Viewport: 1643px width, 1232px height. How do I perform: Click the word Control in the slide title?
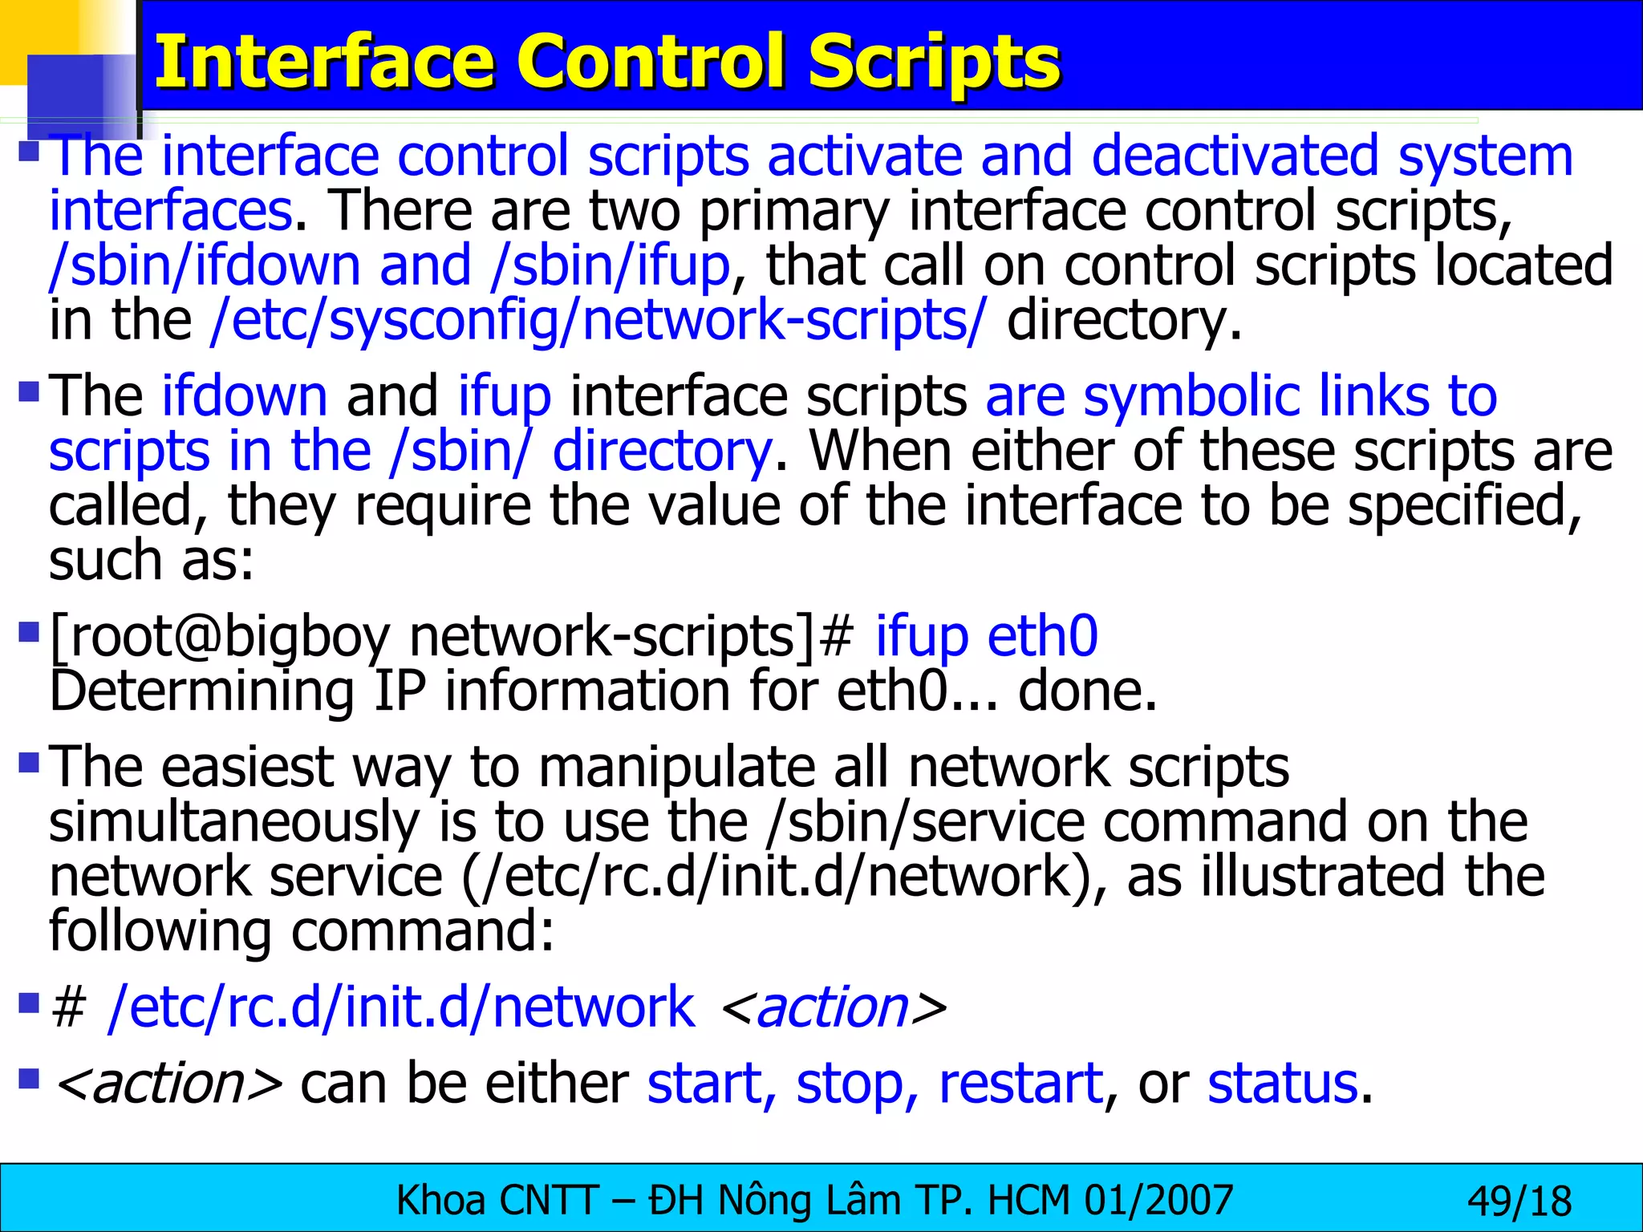click(652, 63)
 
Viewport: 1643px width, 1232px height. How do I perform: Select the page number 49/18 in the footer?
click(1519, 1202)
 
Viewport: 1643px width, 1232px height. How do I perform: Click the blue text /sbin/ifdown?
click(205, 266)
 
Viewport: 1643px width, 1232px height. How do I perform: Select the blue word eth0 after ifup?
click(1042, 637)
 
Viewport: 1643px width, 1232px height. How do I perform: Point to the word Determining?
click(201, 691)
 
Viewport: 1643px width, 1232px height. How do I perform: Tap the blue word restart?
click(1020, 1084)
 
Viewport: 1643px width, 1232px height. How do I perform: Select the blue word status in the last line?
click(1282, 1084)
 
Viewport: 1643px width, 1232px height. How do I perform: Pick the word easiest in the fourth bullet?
click(247, 768)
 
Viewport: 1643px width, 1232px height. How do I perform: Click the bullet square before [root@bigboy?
click(29, 633)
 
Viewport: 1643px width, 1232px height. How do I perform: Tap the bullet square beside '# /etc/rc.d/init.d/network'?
click(29, 1003)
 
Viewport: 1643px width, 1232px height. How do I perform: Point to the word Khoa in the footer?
click(441, 1201)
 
